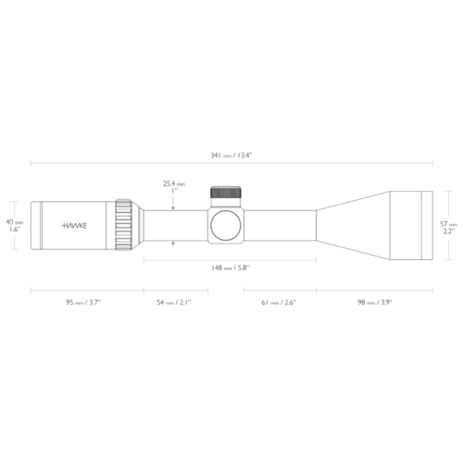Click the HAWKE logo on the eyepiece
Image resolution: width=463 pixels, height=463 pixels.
tap(76, 225)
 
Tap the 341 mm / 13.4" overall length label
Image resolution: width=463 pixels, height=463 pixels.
tap(231, 154)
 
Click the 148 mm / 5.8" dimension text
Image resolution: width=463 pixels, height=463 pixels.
tap(230, 268)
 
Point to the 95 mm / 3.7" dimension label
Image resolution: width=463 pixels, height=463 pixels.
tap(84, 302)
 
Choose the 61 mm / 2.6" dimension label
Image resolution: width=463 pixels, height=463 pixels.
tap(279, 302)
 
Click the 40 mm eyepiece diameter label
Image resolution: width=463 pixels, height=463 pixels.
tap(14, 222)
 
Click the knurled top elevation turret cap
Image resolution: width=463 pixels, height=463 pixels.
tap(226, 194)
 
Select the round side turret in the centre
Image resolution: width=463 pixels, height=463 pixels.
tap(226, 225)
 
